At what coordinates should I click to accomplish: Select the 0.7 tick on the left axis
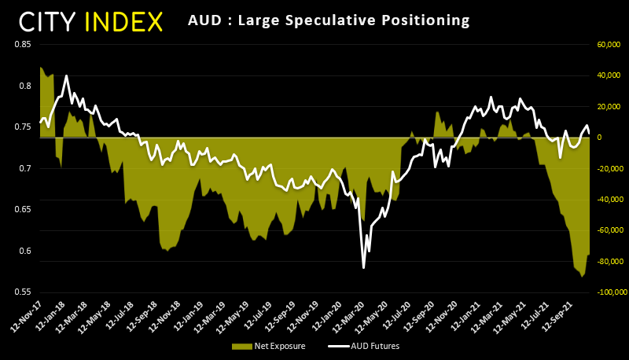24,168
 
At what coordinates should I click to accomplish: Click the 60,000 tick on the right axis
609,44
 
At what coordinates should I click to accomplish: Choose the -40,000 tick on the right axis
608,199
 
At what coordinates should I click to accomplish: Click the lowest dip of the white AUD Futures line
363,268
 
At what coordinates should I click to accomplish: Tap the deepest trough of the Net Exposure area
582,277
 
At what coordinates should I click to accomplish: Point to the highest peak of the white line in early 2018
66,76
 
